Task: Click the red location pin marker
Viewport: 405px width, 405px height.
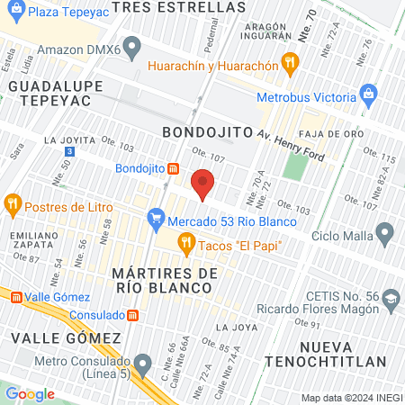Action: [203, 184]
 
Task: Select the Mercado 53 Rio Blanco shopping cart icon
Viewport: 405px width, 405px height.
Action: [157, 216]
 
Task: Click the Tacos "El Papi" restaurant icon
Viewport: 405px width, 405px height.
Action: [186, 240]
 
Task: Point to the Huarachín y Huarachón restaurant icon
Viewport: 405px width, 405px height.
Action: [289, 62]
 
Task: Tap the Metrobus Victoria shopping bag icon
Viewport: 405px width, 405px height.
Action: [367, 93]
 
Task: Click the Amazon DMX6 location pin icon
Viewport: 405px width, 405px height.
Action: [133, 46]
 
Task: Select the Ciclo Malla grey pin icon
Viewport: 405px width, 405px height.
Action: [384, 236]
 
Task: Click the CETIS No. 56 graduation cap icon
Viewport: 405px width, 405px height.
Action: [391, 298]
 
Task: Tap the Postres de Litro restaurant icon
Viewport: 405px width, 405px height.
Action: [12, 203]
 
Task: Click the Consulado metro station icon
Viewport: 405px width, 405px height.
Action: [132, 315]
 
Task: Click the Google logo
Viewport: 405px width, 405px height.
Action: [30, 393]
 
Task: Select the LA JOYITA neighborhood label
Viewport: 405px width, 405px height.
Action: [68, 140]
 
